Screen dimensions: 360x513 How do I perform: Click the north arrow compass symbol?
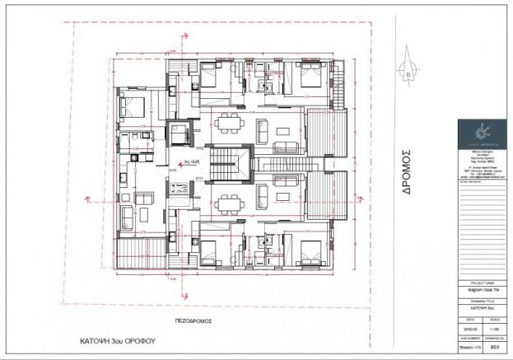click(408, 72)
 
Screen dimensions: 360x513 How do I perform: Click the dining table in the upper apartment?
click(227, 127)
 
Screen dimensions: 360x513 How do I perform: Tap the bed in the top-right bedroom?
click(310, 78)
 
